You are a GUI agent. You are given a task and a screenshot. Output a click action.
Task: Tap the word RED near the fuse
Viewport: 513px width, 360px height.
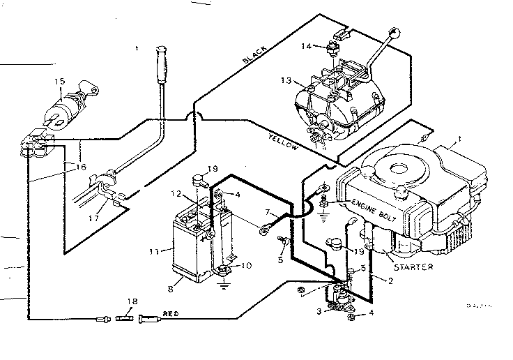[x=170, y=315]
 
